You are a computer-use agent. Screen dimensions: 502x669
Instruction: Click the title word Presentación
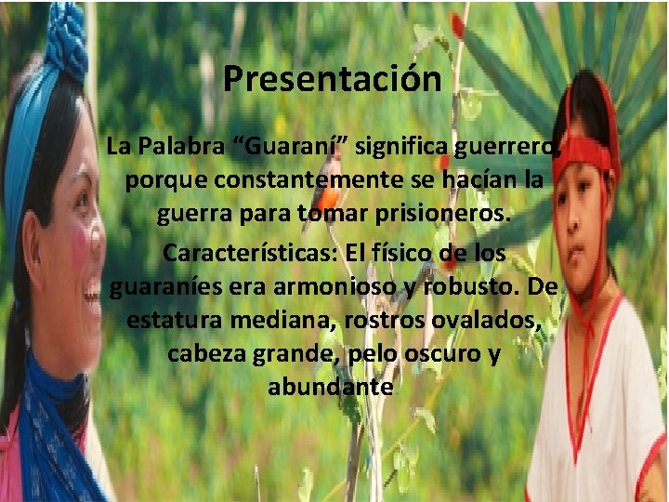pyautogui.click(x=332, y=79)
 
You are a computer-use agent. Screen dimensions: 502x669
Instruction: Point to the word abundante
pyautogui.click(x=331, y=387)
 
